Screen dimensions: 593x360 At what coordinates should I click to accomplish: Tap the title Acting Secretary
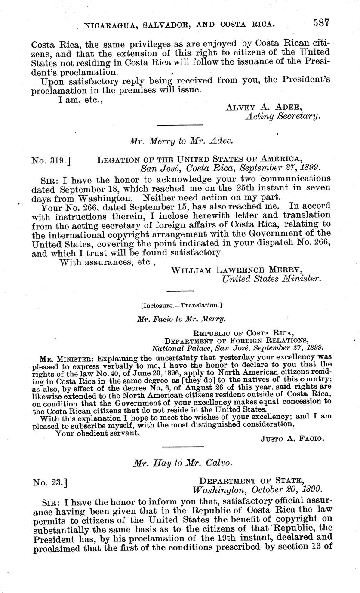pyautogui.click(x=283, y=116)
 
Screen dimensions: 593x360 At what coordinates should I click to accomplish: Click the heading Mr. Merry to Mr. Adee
pyautogui.click(x=181, y=141)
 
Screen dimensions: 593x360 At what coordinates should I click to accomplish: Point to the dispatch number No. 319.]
pyautogui.click(x=51, y=160)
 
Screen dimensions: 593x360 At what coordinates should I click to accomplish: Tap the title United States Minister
pyautogui.click(x=271, y=279)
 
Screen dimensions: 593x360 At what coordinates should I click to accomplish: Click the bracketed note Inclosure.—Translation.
pyautogui.click(x=181, y=305)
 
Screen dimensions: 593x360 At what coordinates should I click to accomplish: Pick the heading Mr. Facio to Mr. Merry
pyautogui.click(x=180, y=320)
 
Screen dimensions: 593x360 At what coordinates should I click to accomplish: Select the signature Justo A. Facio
pyautogui.click(x=292, y=439)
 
